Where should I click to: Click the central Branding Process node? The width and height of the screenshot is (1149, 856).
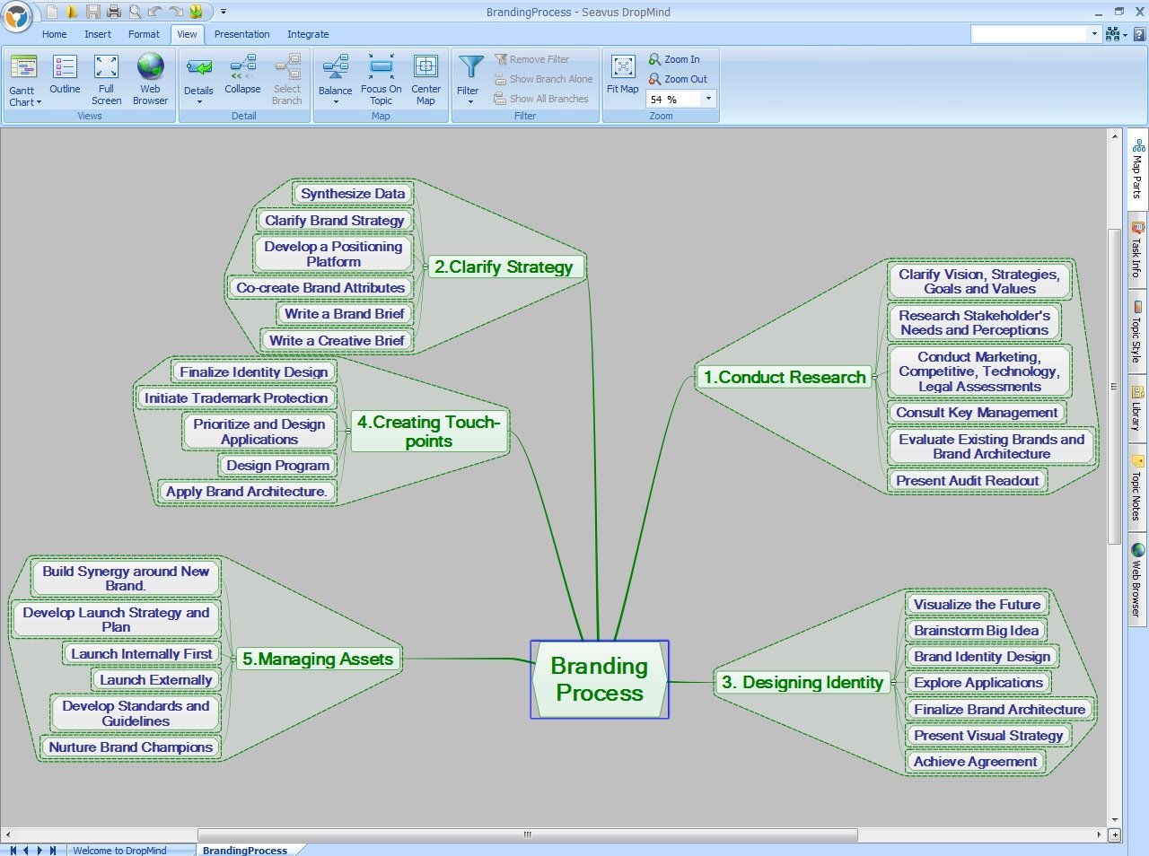600,679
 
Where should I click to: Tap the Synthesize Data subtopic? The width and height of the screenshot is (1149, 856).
353,194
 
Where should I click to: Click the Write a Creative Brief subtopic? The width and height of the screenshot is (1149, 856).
337,341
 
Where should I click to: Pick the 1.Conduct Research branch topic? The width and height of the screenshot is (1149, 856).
785,377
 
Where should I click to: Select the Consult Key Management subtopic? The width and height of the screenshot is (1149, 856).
977,413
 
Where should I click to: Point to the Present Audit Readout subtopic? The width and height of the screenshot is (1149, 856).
968,480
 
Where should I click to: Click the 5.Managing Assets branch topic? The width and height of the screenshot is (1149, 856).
318,659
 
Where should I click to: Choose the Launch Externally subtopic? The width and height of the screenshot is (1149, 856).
156,679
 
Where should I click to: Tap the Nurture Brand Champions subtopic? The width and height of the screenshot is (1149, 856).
131,747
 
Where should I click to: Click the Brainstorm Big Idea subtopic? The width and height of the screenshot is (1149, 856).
977,631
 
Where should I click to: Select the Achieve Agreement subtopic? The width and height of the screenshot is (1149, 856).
975,762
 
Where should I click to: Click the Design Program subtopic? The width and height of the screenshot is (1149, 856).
277,465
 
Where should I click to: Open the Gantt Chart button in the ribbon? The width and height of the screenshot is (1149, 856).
24,81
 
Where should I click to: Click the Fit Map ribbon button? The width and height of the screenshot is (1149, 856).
622,74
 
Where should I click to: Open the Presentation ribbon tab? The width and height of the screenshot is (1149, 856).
241,34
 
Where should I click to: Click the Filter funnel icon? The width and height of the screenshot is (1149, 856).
469,67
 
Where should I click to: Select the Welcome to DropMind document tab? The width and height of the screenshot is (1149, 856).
120,851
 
